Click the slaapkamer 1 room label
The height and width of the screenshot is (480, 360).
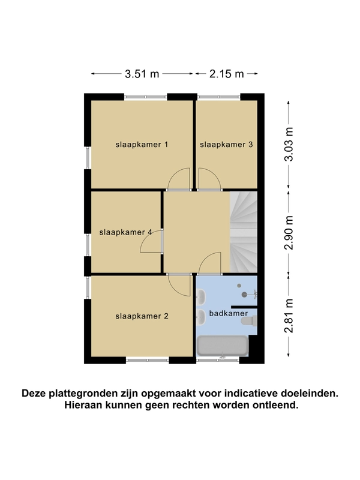click(x=142, y=145)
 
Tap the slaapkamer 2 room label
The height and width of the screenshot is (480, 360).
click(x=142, y=316)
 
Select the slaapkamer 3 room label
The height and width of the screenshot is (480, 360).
click(x=226, y=145)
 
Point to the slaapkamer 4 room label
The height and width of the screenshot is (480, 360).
click(x=125, y=232)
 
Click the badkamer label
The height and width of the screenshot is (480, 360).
click(x=229, y=313)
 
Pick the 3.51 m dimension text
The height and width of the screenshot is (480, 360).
click(x=142, y=74)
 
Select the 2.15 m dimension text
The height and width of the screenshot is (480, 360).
click(x=227, y=74)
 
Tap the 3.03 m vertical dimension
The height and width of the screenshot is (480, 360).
click(x=289, y=144)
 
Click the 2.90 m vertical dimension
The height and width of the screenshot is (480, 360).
click(x=289, y=233)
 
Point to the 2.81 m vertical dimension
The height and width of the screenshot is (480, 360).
click(x=289, y=316)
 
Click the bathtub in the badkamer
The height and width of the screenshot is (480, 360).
click(x=222, y=346)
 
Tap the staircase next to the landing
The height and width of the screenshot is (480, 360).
click(x=244, y=232)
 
